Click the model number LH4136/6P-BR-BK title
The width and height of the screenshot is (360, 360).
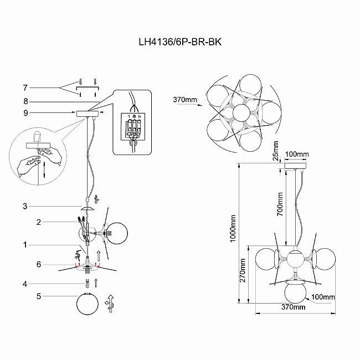179,42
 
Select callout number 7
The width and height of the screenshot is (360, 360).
25,88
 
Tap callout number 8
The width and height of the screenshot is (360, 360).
25,101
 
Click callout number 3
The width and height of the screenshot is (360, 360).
25,207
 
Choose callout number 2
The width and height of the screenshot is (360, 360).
25,222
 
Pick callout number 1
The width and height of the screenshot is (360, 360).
25,244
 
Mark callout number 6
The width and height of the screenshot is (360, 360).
25,265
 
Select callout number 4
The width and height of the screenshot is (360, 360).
25,284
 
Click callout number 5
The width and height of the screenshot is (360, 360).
25,297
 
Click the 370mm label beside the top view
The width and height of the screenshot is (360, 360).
185,100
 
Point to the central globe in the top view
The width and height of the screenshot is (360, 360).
241,112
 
